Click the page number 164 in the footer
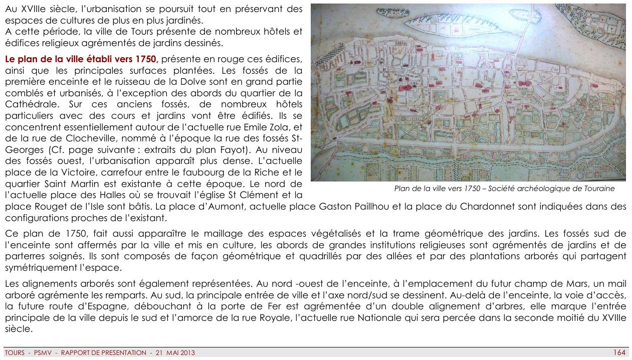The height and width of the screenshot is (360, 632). point(619,352)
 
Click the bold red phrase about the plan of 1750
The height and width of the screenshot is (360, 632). point(81,59)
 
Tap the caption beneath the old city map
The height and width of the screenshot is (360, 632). point(504,189)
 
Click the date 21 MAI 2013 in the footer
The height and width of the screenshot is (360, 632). point(175,353)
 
